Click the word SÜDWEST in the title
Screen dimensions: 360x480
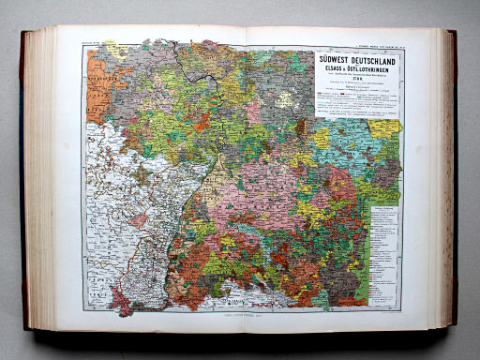[338, 61]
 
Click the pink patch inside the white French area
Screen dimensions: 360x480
[139, 220]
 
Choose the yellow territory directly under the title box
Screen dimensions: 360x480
[385, 127]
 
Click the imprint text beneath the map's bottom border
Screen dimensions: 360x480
[242, 320]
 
